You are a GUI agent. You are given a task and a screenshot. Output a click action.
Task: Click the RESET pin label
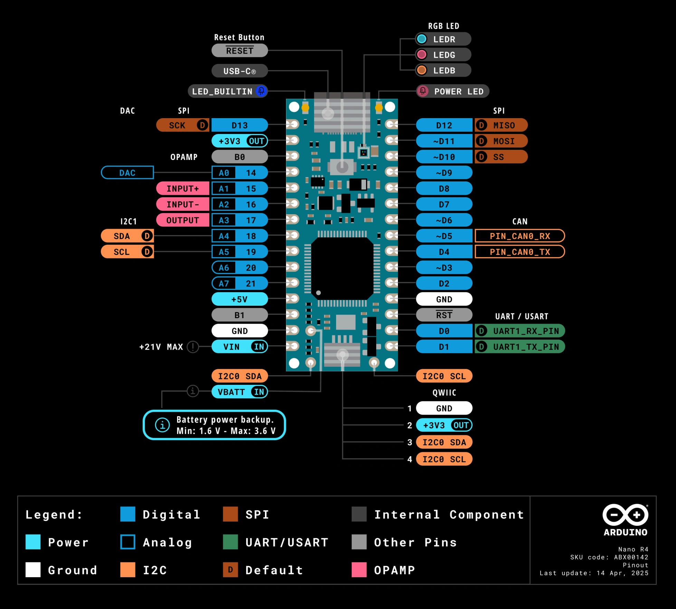(x=239, y=51)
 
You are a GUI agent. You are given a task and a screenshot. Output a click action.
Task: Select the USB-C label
(x=239, y=71)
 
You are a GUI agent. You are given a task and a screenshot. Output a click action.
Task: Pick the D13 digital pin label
(x=239, y=125)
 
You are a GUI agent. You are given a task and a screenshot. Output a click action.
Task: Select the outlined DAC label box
(x=127, y=173)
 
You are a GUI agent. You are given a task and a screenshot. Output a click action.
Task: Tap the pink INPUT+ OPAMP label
(x=183, y=189)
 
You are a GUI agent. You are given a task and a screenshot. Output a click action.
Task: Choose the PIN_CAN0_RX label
(x=520, y=236)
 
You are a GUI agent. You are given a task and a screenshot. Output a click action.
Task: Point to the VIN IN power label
(x=239, y=347)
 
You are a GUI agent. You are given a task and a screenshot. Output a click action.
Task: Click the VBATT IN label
(x=239, y=392)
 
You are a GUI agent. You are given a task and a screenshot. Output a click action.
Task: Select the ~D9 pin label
(x=444, y=173)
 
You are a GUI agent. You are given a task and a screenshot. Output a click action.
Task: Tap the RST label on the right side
(x=444, y=315)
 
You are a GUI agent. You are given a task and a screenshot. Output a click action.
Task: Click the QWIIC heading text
(x=444, y=393)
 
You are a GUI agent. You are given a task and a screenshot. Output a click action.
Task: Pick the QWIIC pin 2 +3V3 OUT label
(x=444, y=425)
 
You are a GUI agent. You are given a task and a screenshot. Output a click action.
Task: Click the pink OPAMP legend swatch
(x=359, y=570)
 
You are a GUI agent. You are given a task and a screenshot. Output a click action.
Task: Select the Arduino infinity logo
(x=625, y=515)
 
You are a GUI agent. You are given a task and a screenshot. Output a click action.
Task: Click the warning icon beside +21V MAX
(x=193, y=347)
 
